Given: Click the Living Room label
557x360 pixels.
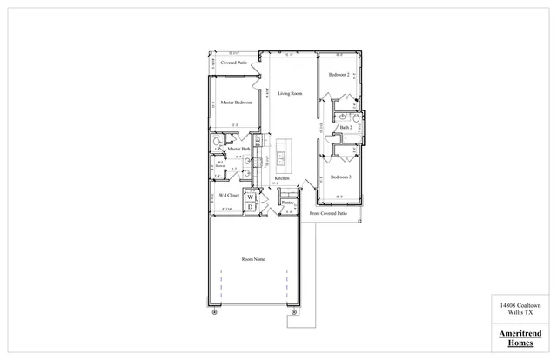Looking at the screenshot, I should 290,93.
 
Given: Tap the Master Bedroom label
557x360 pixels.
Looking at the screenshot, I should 237,103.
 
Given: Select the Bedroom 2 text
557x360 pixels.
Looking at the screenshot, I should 339,75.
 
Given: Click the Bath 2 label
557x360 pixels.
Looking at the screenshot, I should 346,128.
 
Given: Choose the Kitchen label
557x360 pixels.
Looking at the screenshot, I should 282,178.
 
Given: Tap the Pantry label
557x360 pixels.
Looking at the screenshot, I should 287,203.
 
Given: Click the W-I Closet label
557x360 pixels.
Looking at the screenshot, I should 229,196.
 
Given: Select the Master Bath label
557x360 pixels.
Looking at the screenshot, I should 239,150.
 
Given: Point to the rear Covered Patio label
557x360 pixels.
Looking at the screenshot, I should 234,63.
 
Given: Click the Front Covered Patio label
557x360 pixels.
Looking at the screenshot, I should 328,213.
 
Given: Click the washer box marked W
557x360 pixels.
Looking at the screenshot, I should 250,197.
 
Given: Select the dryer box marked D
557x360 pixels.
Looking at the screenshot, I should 250,207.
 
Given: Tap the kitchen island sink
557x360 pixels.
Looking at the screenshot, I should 282,158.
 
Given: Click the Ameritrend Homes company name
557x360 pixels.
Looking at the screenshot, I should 520,337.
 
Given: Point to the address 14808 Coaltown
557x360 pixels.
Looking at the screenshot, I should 520,305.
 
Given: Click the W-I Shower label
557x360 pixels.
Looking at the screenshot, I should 221,165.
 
